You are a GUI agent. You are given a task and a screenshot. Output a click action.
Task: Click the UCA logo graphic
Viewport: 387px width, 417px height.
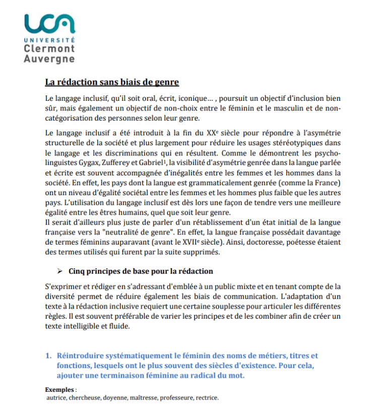(49, 23)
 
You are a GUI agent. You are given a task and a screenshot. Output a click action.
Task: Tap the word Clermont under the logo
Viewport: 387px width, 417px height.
(49, 49)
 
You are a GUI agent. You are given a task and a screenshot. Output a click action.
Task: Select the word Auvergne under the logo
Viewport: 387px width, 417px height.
(49, 58)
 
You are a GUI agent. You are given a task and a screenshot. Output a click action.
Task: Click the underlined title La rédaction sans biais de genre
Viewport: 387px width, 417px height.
(112, 82)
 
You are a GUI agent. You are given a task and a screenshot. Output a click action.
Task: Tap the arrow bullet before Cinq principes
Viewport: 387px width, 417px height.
(59, 271)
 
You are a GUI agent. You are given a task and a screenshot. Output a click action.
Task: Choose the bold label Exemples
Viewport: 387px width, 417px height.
(59, 390)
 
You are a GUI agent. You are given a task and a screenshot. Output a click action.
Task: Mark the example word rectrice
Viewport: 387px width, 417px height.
(207, 398)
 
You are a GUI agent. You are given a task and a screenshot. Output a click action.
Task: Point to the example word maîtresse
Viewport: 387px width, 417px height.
(144, 398)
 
